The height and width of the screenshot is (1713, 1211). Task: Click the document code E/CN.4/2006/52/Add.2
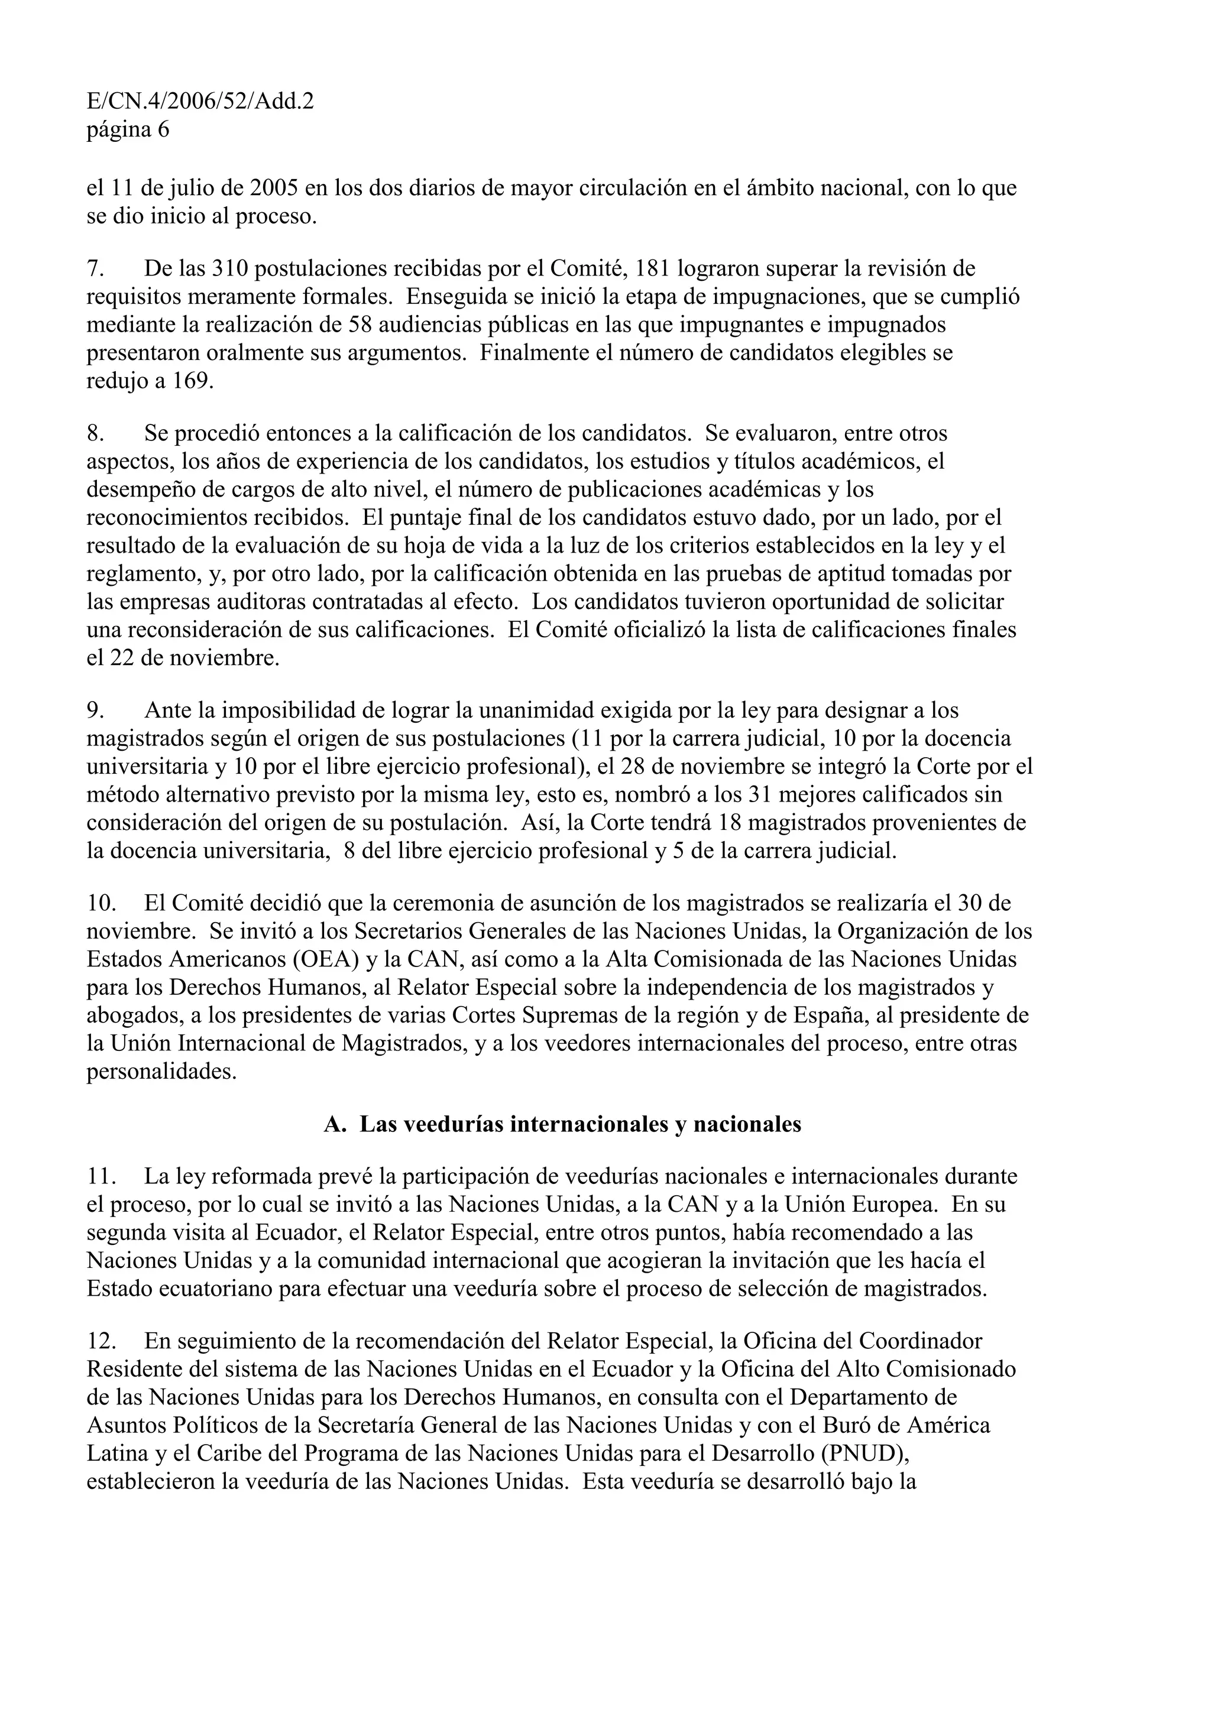click(199, 100)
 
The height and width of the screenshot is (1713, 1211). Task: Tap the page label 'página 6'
click(128, 130)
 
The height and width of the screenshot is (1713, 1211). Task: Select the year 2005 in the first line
click(274, 188)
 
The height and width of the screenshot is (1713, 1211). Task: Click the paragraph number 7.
click(94, 268)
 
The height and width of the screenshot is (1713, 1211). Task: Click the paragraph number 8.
click(94, 433)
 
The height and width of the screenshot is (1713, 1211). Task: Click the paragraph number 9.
click(94, 711)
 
